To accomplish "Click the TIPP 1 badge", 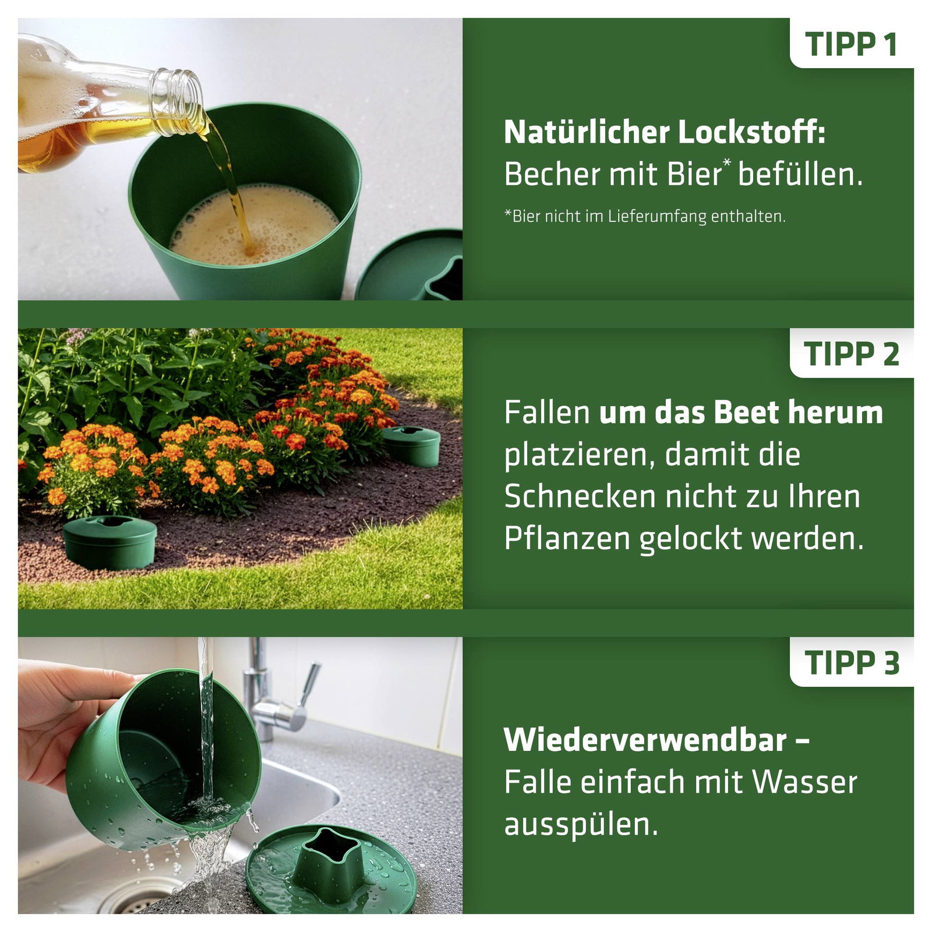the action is pos(852,44).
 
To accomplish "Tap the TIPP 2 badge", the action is pos(852,353).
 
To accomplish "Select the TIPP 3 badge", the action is pos(852,662).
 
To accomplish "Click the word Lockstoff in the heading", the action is pos(752,132).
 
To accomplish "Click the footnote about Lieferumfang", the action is pos(645,217).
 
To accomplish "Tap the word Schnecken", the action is pos(580,497).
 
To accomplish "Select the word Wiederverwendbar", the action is pos(645,740).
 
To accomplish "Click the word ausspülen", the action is pos(581,825).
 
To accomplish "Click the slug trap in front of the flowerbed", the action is pos(110,542).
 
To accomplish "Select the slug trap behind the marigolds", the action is pos(411,446).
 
